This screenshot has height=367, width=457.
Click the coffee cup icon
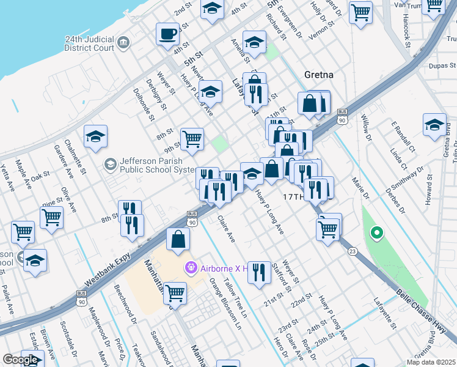[x=167, y=34]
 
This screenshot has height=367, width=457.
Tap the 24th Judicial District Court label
[x=90, y=42]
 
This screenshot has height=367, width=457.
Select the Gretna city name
[x=318, y=75]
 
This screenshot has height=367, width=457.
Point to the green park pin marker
[x=377, y=232]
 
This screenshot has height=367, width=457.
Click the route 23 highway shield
[x=352, y=251]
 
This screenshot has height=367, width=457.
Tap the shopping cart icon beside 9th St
[x=192, y=138]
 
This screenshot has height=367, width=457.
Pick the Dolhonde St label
[x=144, y=102]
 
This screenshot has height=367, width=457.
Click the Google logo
[x=20, y=360]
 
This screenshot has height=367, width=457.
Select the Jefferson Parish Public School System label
[x=155, y=165]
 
